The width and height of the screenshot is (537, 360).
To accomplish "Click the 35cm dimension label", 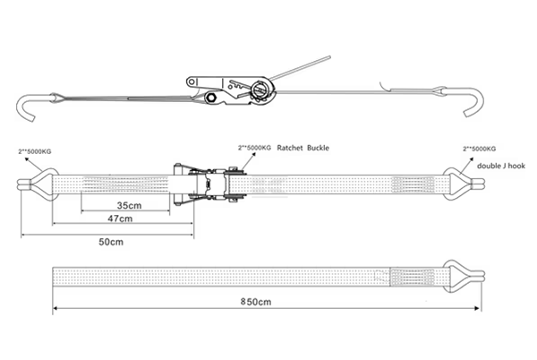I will (x=129, y=206).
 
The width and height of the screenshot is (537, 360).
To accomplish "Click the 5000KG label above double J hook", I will (x=479, y=147).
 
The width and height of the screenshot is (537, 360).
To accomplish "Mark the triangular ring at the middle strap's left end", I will (x=35, y=185).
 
